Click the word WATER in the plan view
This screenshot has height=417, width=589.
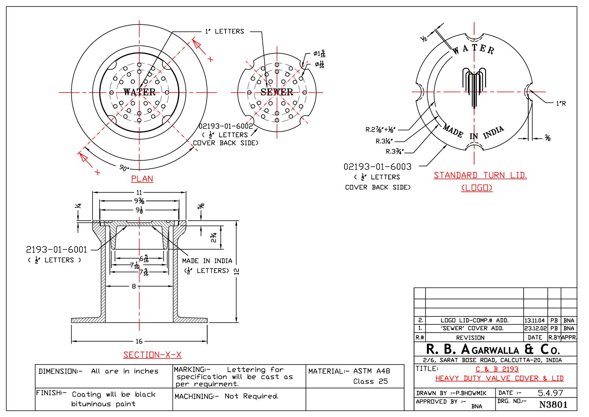point(139,92)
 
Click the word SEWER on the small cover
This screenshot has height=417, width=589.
point(277,92)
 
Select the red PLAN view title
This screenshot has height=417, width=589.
point(142,179)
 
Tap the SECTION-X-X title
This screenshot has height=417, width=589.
point(152,355)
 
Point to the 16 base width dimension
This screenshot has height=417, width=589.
point(139,341)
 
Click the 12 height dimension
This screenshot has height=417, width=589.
point(236,272)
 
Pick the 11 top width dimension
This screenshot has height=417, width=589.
point(139,193)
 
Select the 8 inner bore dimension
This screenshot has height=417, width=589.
point(134,286)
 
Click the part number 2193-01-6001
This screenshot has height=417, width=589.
point(56,249)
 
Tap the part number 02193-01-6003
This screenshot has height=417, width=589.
point(377,167)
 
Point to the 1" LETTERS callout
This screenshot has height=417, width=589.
point(224,32)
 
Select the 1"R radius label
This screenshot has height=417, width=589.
point(561,104)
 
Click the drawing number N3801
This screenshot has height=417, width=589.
point(553,404)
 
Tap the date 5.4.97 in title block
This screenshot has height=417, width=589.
point(550,393)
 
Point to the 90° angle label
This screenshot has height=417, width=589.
point(124,168)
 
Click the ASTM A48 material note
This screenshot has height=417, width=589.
point(371,371)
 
